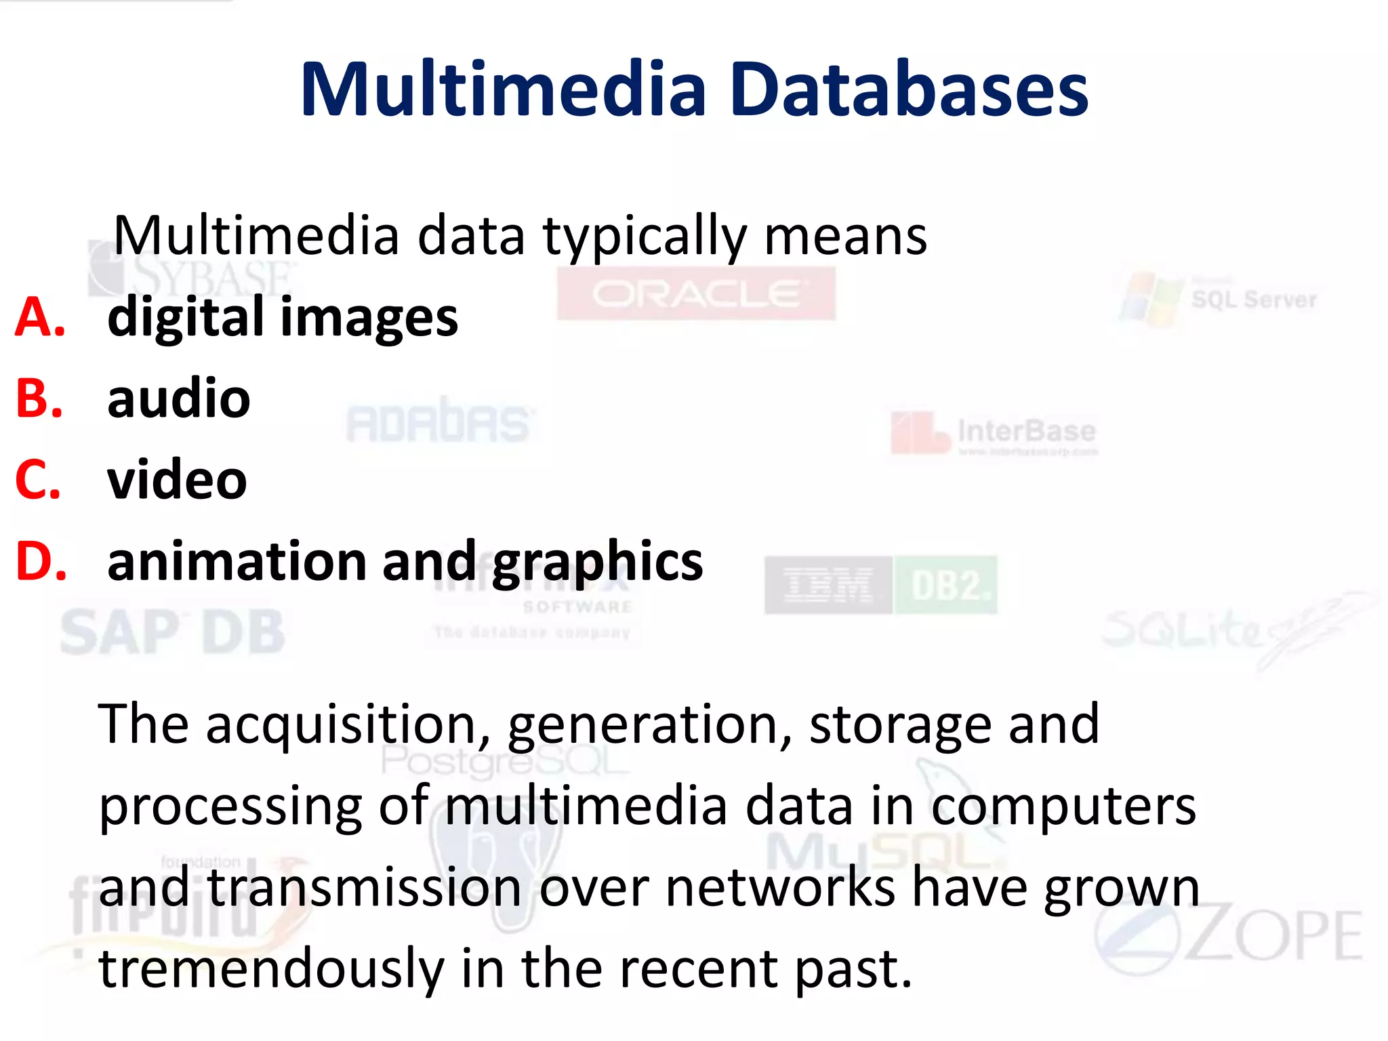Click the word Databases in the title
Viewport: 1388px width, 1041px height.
[910, 90]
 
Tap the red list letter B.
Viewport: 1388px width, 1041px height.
[39, 399]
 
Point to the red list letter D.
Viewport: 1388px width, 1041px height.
[41, 562]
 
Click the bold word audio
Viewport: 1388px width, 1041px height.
[179, 399]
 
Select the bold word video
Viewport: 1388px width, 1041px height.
[177, 480]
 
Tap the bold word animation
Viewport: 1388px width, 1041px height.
[237, 562]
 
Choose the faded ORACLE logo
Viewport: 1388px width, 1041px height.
[696, 294]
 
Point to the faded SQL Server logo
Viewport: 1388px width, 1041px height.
[1220, 300]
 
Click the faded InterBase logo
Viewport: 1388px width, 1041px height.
[994, 432]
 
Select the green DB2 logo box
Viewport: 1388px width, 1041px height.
[946, 586]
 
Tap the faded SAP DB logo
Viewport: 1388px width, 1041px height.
[172, 632]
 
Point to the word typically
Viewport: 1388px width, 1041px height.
[645, 237]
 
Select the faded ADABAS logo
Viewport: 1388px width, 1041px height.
[438, 423]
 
